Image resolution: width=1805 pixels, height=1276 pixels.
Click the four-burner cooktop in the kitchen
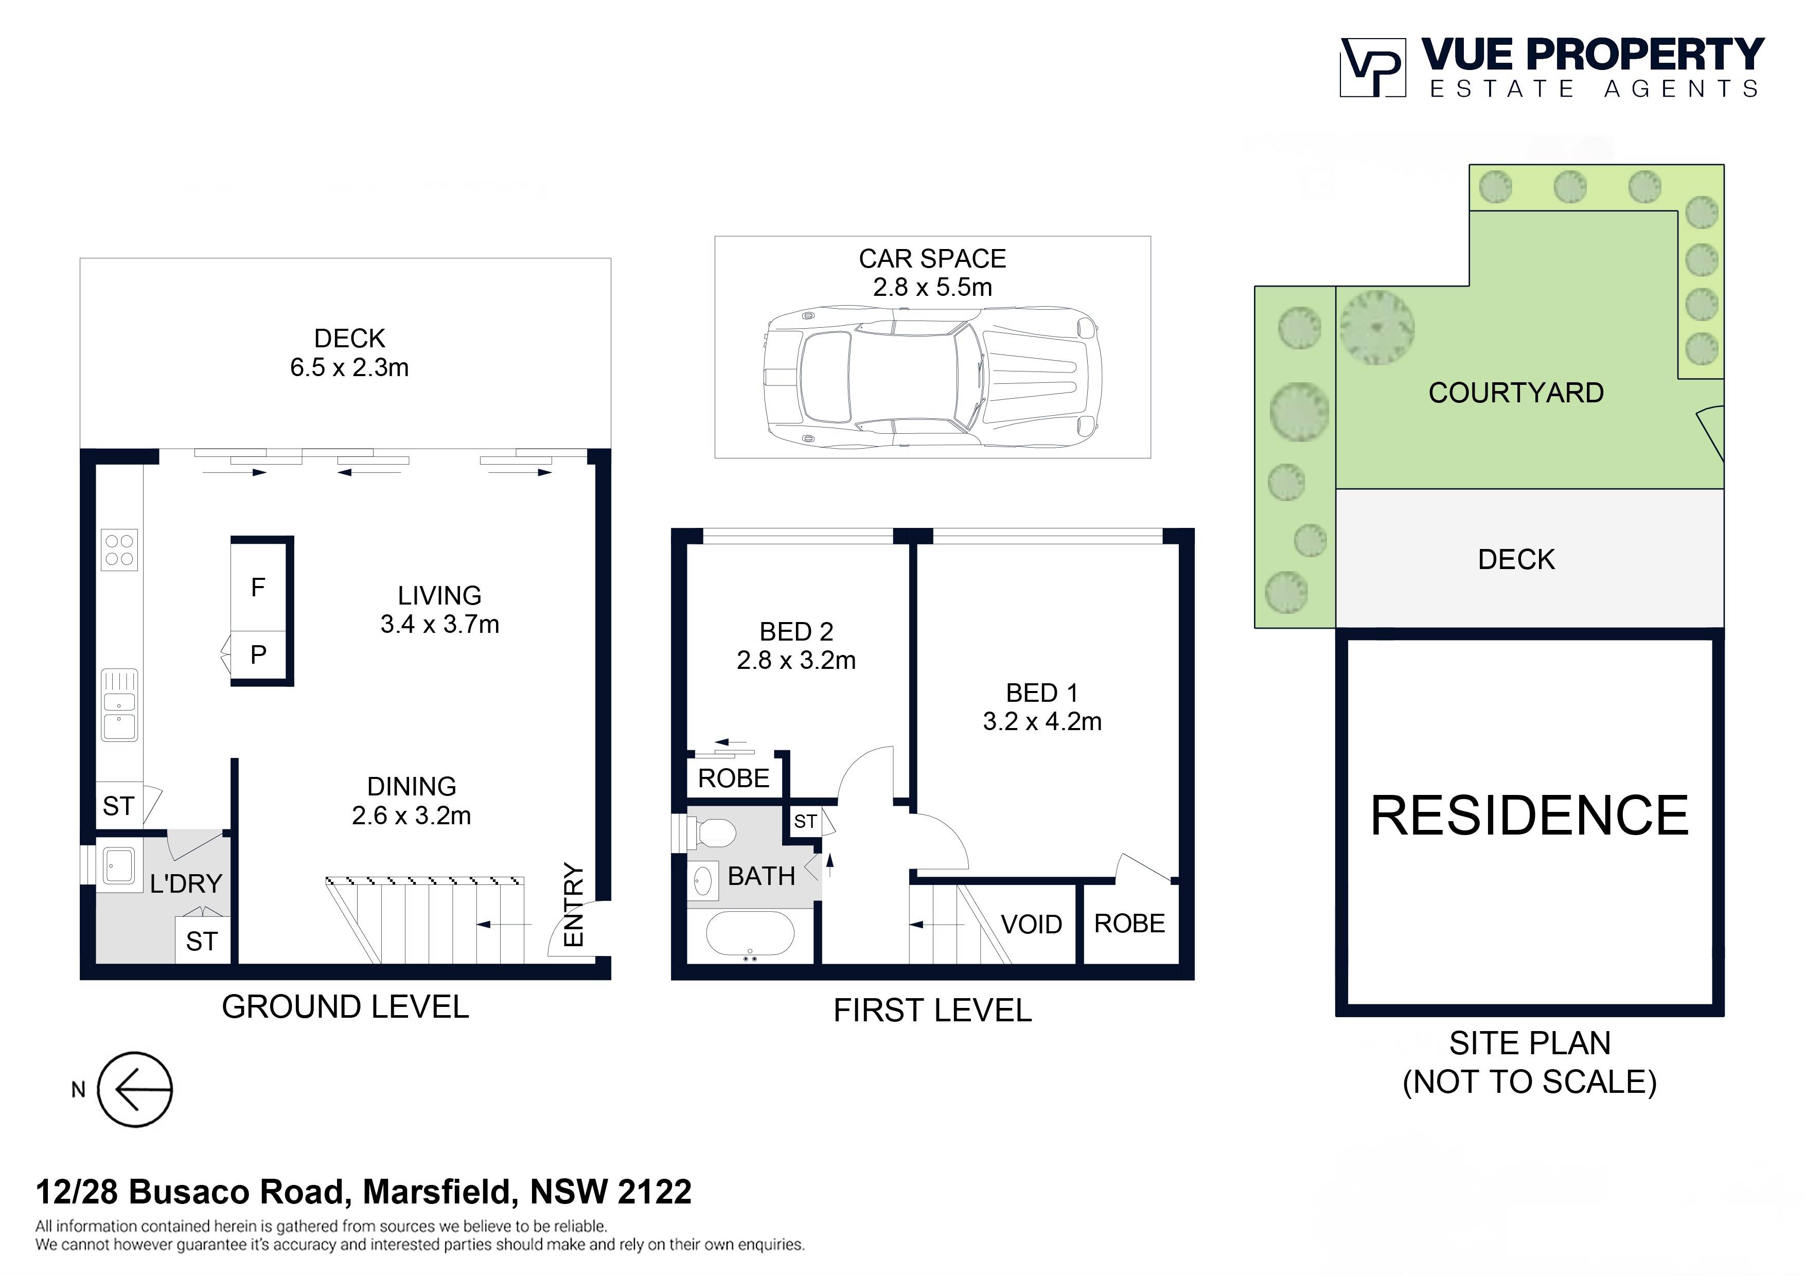[x=119, y=550]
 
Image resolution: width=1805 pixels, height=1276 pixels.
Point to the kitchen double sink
[x=119, y=705]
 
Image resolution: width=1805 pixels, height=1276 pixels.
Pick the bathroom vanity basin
[x=703, y=880]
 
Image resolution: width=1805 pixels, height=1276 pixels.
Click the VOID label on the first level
[x=1032, y=925]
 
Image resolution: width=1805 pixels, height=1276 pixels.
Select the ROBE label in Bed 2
[x=734, y=778]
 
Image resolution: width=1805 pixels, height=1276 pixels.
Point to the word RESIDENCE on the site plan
[x=1529, y=816]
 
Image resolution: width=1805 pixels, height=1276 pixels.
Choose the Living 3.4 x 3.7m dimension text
[x=439, y=624]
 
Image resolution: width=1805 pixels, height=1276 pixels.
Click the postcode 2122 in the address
[x=654, y=1192]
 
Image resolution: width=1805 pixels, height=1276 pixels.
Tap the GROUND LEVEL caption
[x=345, y=1007]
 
